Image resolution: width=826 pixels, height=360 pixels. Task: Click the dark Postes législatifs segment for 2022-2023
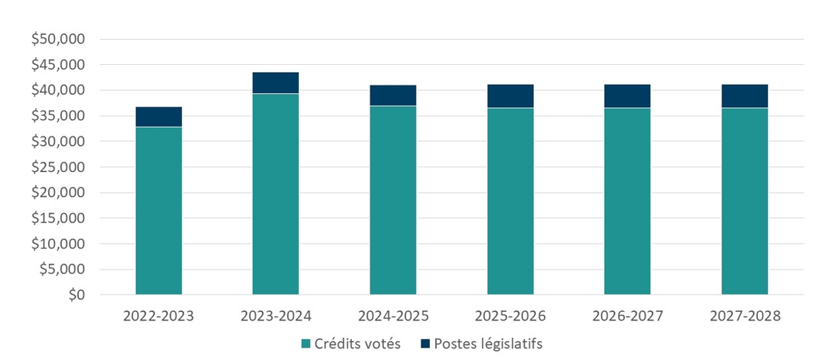[x=158, y=117]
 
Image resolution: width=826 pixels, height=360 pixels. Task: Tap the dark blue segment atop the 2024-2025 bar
[x=392, y=95]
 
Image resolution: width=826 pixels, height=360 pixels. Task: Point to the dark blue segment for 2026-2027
[x=627, y=96]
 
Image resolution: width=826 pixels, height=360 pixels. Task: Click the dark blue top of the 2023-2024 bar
[x=275, y=83]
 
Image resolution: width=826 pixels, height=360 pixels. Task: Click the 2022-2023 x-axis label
[x=158, y=317]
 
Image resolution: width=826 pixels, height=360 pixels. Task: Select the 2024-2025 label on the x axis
[x=392, y=317]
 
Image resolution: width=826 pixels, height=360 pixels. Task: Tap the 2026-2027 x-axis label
[x=627, y=317]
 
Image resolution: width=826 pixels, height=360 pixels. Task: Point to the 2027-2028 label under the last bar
[x=744, y=317]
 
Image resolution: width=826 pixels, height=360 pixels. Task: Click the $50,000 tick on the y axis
[x=58, y=39]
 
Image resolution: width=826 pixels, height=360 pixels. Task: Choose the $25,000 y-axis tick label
[x=58, y=167]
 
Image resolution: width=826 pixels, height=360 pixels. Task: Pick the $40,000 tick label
[x=58, y=90]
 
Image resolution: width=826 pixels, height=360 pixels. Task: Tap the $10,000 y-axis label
[x=58, y=244]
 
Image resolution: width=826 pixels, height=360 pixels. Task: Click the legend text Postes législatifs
[x=488, y=343]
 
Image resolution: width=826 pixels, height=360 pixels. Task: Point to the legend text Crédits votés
[x=357, y=343]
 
